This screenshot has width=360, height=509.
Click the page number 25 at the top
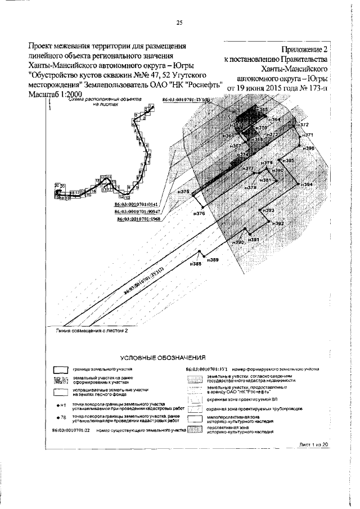pos(180,22)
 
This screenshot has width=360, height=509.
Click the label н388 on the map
pos(195,264)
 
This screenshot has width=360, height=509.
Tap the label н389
pos(213,259)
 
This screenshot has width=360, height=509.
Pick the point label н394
pos(307,184)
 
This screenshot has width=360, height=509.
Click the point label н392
pos(278,223)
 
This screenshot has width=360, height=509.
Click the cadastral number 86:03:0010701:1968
pos(139,219)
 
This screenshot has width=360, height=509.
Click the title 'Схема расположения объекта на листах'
pos(105,102)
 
